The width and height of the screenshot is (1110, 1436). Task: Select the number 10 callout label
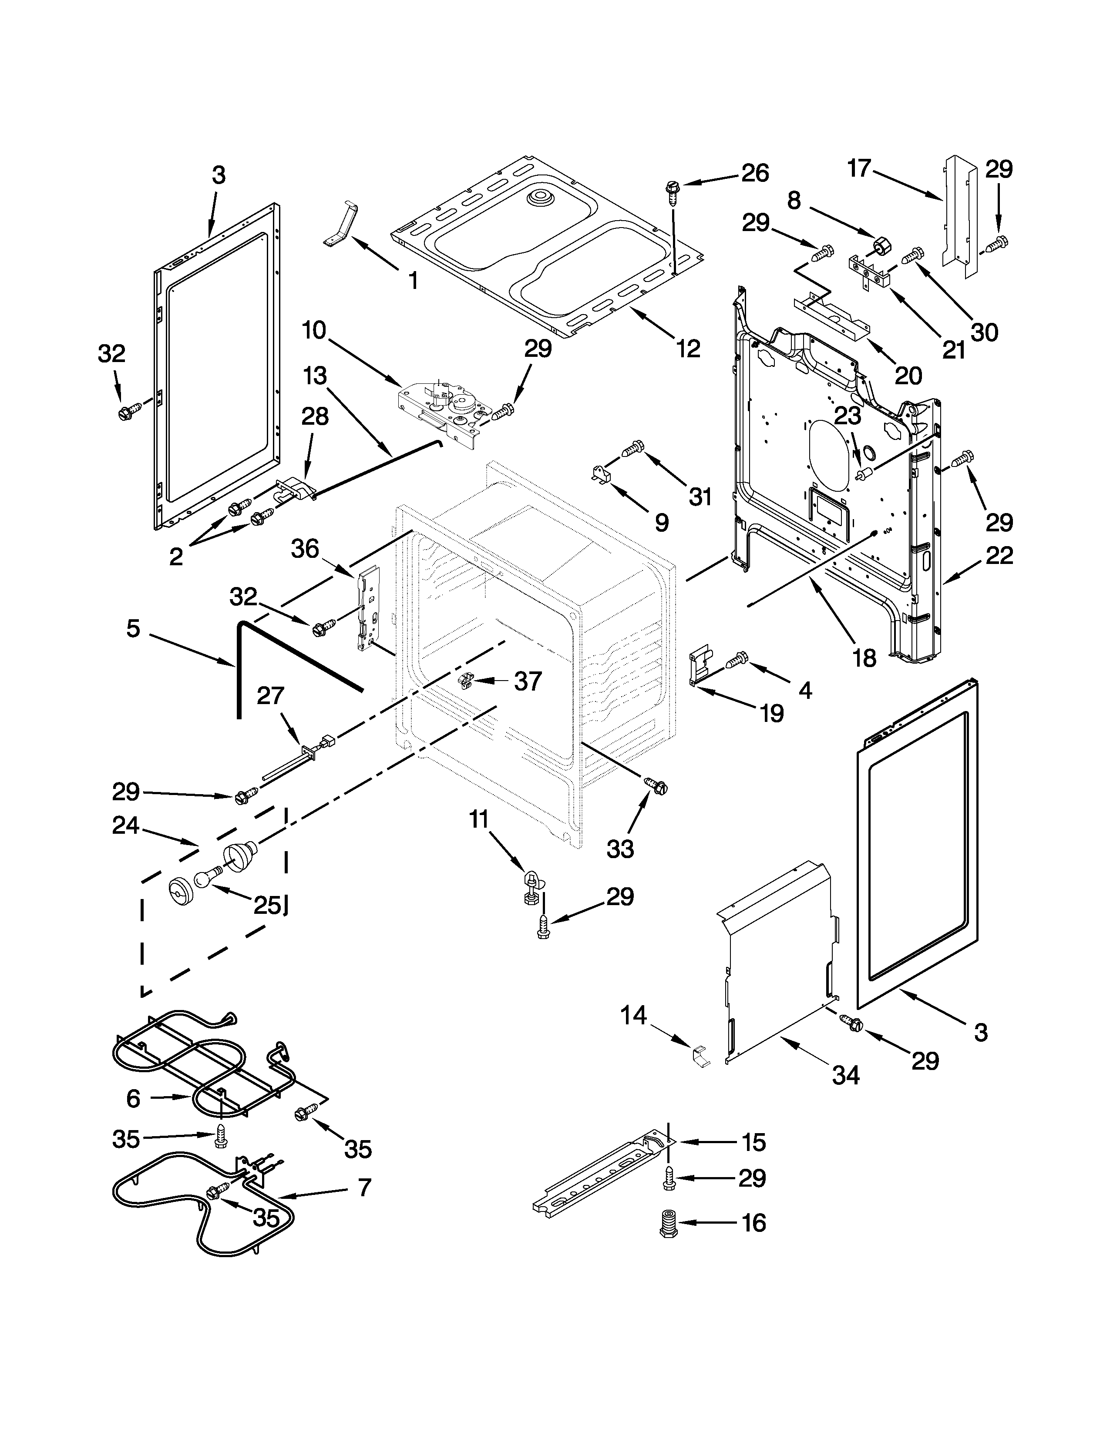point(314,330)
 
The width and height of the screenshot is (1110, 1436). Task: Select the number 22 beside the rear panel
point(999,556)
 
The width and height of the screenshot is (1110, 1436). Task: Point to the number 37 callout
point(528,681)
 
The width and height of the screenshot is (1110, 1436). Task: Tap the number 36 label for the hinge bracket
point(305,548)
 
